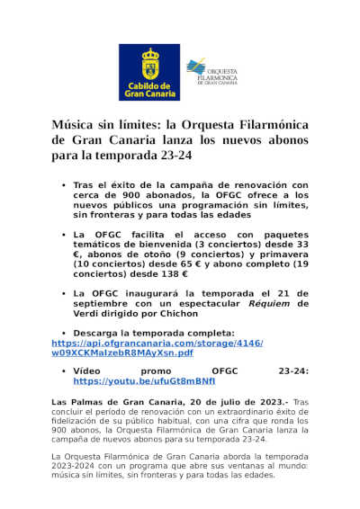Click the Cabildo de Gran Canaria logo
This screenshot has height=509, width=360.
click(x=149, y=72)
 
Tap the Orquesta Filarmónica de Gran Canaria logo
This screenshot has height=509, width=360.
click(x=212, y=72)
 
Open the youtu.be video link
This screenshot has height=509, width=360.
click(x=138, y=381)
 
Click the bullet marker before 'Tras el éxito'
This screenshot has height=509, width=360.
click(x=63, y=184)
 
